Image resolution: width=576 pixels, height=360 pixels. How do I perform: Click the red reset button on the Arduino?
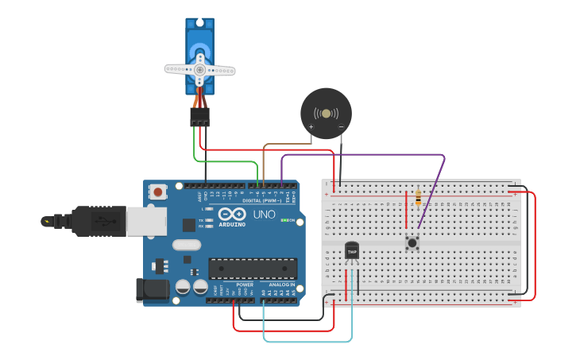point(158,192)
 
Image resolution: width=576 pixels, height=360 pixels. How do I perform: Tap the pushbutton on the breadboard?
point(412,242)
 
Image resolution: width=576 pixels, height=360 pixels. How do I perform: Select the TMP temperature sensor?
point(352,252)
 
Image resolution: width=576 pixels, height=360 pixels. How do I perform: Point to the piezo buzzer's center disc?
point(326,114)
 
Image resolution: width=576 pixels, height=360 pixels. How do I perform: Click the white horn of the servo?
point(199,70)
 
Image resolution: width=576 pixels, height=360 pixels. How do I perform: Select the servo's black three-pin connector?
point(199,117)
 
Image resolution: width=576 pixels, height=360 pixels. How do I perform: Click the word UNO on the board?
point(264,215)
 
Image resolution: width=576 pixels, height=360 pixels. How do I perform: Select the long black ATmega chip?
point(253,269)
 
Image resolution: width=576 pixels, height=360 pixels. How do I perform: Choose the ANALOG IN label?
point(281,285)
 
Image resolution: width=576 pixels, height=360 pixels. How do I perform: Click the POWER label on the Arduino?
point(245,285)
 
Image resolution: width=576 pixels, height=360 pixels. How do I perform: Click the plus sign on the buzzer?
point(311,126)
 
